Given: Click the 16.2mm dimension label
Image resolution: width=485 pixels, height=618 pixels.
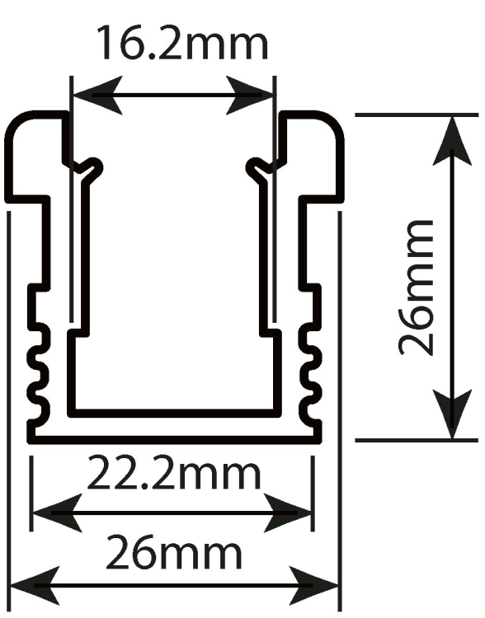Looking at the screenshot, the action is point(182,42).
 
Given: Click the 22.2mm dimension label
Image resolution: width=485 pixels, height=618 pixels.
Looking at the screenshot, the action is point(174,472).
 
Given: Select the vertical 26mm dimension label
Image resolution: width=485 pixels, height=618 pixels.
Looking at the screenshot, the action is point(417,288).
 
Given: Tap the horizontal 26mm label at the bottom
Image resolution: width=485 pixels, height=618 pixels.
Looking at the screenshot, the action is point(174,551).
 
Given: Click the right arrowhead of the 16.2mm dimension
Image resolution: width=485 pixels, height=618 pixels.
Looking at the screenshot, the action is point(248,96).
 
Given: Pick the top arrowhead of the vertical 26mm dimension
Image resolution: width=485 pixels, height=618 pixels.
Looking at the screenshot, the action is point(453,140).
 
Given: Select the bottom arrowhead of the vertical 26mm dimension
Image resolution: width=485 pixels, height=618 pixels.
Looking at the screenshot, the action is point(453,414).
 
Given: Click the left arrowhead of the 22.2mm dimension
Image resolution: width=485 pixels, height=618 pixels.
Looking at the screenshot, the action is point(58,513).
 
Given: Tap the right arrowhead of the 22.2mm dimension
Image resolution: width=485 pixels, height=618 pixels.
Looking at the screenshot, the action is point(288,513).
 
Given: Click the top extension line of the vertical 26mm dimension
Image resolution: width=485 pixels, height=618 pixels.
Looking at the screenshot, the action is point(417,115).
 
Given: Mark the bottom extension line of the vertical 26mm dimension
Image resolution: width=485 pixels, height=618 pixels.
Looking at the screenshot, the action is point(417,439).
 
